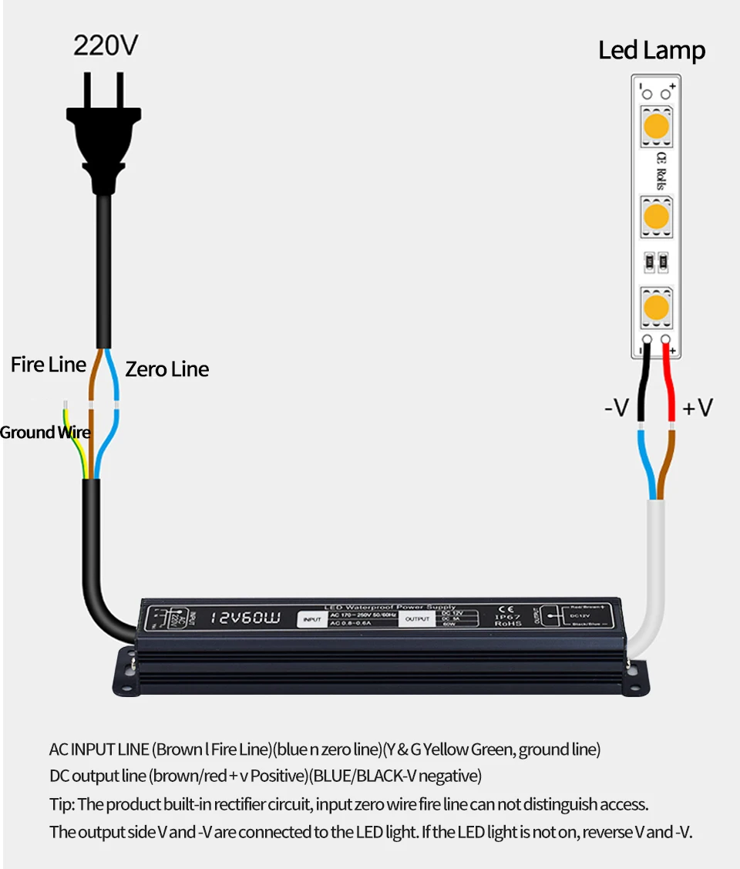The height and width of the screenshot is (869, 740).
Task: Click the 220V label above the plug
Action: tap(106, 45)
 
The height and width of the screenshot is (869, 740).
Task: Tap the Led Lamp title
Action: tap(651, 51)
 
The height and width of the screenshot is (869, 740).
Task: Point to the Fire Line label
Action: tap(49, 365)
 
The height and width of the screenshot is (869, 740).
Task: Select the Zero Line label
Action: tap(166, 369)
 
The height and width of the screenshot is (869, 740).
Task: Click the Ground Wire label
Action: tap(45, 433)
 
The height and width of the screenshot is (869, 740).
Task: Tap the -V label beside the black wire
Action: tap(616, 408)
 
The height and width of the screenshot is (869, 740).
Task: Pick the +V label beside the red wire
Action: tap(697, 408)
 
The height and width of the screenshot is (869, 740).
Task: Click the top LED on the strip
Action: tap(656, 126)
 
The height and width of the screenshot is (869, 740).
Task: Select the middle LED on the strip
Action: tap(656, 216)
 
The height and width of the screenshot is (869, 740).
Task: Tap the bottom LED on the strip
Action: tap(656, 307)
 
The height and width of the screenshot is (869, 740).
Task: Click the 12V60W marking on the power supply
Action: tap(245, 618)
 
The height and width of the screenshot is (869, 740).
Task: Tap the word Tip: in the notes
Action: tap(62, 804)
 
